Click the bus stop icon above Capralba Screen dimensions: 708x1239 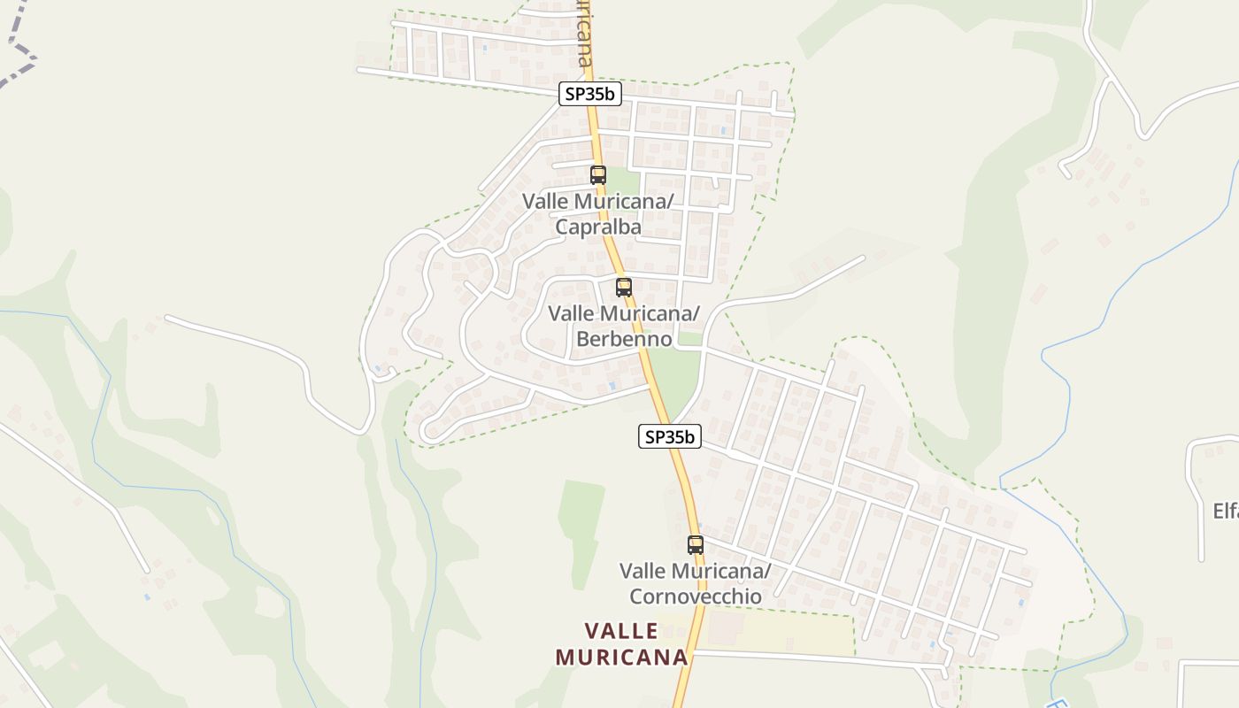598,175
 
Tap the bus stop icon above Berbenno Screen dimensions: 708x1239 624,288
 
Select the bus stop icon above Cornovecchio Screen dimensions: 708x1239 696,545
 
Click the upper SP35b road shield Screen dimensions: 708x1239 589,95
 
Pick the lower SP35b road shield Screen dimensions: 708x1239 670,436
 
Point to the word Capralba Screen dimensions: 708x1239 598,227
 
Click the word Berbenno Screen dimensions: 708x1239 624,339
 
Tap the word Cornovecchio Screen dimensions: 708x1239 696,596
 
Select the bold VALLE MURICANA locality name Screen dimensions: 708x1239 622,643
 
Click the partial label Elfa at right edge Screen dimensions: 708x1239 1225,511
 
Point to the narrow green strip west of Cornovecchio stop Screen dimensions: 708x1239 580,531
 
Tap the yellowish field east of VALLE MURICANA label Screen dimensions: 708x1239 792,632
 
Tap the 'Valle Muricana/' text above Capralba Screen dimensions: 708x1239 598,202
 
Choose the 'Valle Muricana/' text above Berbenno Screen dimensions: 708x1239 624,314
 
